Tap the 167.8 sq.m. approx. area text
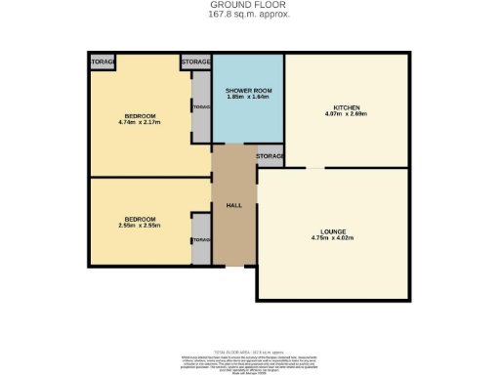coord(250,15)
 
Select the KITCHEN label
coord(347,106)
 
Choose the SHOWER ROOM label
coord(248,90)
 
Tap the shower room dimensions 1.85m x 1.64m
coord(248,97)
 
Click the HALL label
coord(234,206)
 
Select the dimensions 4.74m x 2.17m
coord(139,122)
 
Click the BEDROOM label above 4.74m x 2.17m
coord(139,115)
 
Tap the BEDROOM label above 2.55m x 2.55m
coord(139,219)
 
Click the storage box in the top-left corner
coord(102,62)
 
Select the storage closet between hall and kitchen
coord(270,156)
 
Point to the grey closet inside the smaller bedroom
coord(201,239)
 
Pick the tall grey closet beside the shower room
coord(201,107)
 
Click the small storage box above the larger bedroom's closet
coord(195,62)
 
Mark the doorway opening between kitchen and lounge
coord(314,167)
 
